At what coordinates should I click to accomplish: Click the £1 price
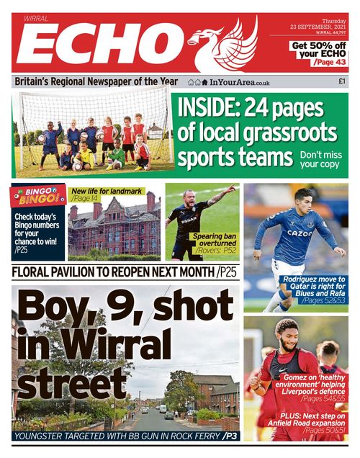(342, 82)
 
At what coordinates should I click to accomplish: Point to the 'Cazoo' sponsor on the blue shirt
(300, 233)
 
